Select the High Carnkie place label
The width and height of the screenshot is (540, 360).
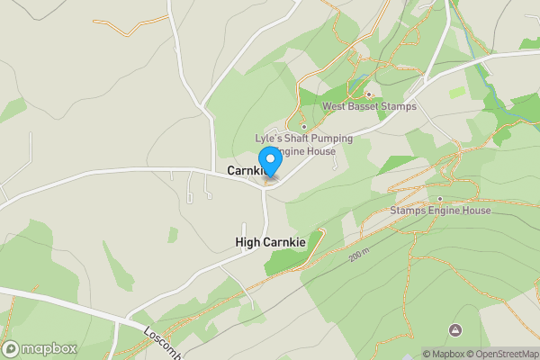(x=270, y=242)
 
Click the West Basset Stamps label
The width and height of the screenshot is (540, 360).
(x=369, y=107)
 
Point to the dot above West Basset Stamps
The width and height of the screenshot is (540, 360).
(x=368, y=94)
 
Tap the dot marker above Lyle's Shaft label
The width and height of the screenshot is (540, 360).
(x=304, y=126)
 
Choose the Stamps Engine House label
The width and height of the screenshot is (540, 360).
(x=440, y=211)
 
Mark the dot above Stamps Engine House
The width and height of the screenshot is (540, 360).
(x=439, y=198)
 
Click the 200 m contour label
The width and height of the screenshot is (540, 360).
(x=360, y=256)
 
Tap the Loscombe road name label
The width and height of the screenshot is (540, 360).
(x=163, y=342)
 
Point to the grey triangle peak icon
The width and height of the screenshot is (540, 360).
(x=454, y=330)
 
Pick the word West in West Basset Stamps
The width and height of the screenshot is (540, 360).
(x=336, y=107)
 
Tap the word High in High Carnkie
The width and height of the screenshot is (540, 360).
(x=247, y=242)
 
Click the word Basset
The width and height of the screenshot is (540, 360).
(x=369, y=107)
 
